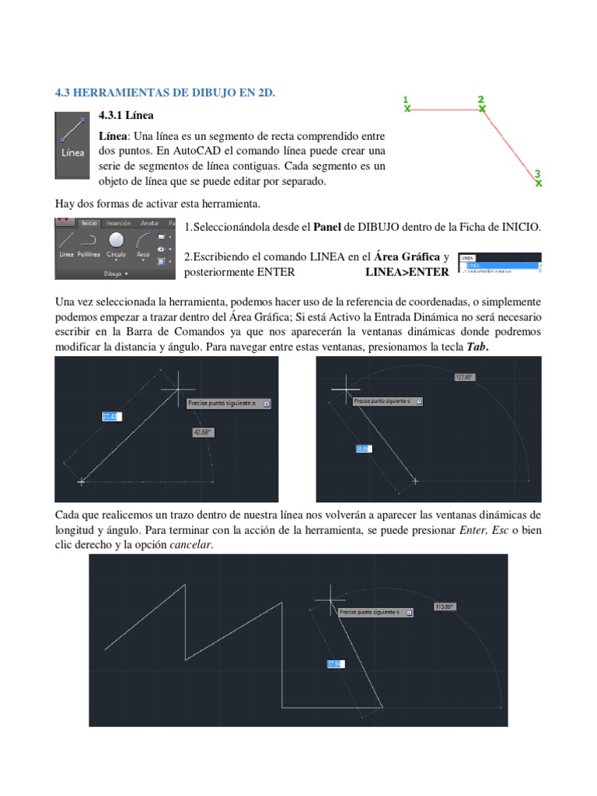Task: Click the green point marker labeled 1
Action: point(407,110)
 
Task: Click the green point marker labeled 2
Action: point(482,110)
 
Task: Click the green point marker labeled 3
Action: point(539,183)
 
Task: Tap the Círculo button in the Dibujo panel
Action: point(117,243)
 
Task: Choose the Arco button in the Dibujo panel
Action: point(143,243)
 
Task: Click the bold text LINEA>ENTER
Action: point(407,272)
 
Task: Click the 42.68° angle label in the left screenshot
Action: point(201,433)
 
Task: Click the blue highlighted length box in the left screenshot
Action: point(110,417)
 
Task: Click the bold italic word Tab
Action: point(476,346)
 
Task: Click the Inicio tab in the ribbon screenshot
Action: point(89,222)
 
